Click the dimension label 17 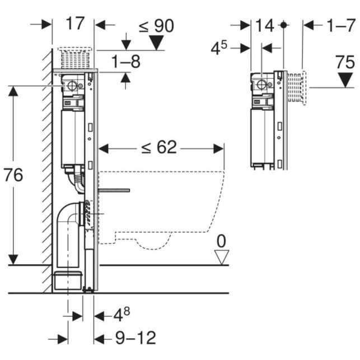click(74, 24)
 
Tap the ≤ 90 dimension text click(156, 25)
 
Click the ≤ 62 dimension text click(159, 147)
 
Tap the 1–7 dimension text click(341, 25)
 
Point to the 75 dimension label click(345, 62)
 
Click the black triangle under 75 click(345, 80)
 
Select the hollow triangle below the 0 click(222, 257)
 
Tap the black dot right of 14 click(284, 25)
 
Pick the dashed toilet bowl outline click(162, 207)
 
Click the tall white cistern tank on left click(72, 137)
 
